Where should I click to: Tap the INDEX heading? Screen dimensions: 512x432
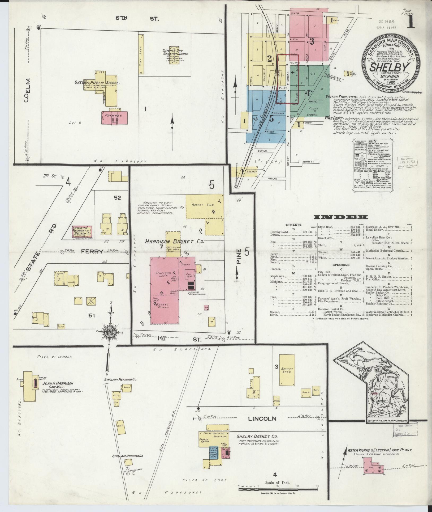(x=341, y=217)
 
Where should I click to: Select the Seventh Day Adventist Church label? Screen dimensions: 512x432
(x=175, y=52)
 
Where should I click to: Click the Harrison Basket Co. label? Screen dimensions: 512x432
(x=174, y=242)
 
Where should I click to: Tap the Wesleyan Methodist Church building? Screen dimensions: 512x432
(x=83, y=232)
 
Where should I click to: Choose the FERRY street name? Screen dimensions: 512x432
(x=92, y=251)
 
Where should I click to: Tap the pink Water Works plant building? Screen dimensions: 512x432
(x=374, y=470)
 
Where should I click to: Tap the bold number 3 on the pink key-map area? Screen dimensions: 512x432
(x=312, y=42)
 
